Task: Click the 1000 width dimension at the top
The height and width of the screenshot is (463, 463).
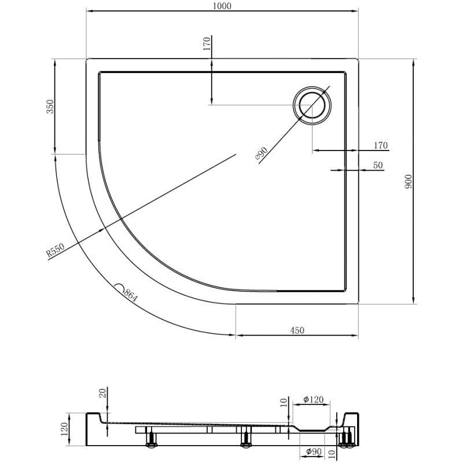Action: pyautogui.click(x=222, y=6)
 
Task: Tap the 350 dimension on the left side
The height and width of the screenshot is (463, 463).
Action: pyautogui.click(x=50, y=108)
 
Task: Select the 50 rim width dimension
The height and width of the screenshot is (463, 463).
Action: pyautogui.click(x=378, y=166)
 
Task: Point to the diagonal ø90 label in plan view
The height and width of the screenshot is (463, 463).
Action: pyautogui.click(x=261, y=153)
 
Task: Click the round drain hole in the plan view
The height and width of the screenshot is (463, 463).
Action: pyautogui.click(x=313, y=105)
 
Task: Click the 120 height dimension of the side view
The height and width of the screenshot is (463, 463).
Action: pyautogui.click(x=65, y=429)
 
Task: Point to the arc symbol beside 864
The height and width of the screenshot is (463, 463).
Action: pyautogui.click(x=119, y=287)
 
